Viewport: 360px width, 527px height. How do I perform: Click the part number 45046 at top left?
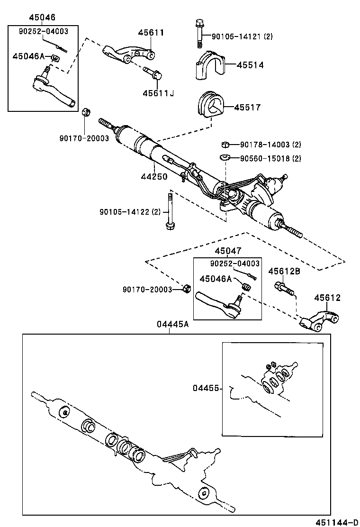click(x=42, y=18)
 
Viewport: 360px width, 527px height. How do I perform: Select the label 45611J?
click(x=158, y=93)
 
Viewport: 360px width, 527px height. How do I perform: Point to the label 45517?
click(x=247, y=108)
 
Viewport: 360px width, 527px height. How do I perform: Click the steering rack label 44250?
click(x=154, y=176)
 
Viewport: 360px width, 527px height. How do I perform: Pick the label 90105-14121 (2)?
click(x=242, y=36)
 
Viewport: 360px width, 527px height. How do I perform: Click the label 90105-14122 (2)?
click(x=130, y=212)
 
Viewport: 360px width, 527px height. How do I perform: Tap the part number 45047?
click(x=227, y=252)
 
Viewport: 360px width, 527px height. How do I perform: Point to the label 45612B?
click(x=284, y=271)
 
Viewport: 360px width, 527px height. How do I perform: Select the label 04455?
click(x=206, y=388)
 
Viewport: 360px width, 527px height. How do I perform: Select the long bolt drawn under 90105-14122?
click(x=169, y=210)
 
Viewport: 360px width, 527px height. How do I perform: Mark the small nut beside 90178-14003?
click(x=226, y=145)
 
